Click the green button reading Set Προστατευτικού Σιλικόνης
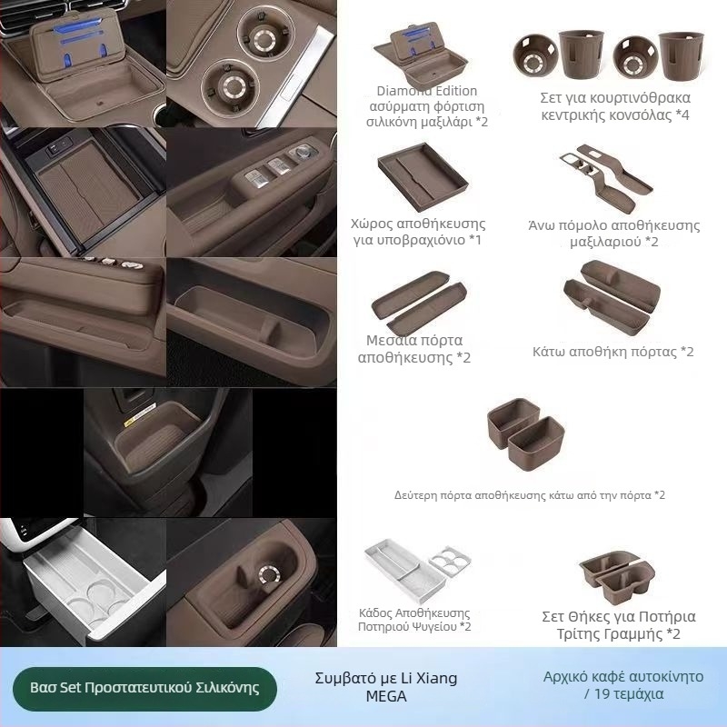(144, 688)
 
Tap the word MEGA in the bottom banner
(386, 696)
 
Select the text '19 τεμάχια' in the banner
(629, 694)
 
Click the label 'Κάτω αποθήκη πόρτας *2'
(612, 352)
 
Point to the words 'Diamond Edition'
(426, 91)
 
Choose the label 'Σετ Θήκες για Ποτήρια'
(619, 617)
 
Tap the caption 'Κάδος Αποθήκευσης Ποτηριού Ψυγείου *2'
(414, 620)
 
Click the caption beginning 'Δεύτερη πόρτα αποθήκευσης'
(530, 495)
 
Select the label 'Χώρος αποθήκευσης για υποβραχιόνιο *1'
(418, 232)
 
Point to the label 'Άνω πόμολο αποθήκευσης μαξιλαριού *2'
(614, 234)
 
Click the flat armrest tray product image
(423, 176)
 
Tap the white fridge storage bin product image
(417, 570)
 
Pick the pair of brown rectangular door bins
(526, 433)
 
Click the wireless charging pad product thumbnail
(421, 55)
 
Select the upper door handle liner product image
(606, 177)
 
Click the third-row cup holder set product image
(617, 576)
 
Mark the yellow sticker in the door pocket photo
(140, 414)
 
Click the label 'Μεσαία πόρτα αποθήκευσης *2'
(414, 349)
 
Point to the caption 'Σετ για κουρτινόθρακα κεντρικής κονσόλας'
(615, 106)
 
